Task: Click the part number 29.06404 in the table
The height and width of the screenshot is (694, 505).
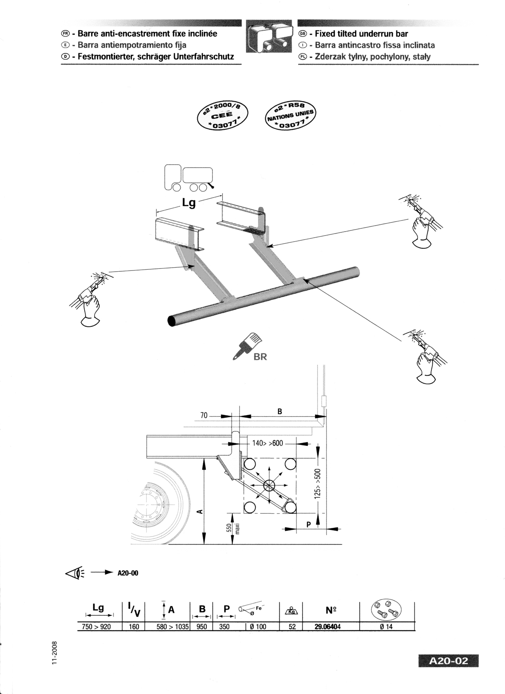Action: click(x=327, y=627)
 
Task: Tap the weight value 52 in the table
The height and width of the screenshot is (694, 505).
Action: click(x=292, y=627)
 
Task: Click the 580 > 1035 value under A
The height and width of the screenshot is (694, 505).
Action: click(x=172, y=627)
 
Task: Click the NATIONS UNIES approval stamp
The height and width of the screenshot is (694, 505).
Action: click(x=291, y=116)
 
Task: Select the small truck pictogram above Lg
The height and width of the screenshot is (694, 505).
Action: click(x=188, y=178)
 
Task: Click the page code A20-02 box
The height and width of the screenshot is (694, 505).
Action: click(x=448, y=661)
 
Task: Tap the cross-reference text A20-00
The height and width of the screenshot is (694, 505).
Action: click(x=127, y=573)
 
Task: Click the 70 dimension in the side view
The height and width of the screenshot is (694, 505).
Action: click(x=204, y=416)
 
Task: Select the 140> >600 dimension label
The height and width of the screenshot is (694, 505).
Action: click(x=267, y=443)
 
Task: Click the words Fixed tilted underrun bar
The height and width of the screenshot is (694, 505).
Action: click(x=361, y=34)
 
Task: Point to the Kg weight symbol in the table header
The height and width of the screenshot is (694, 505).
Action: click(x=292, y=611)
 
